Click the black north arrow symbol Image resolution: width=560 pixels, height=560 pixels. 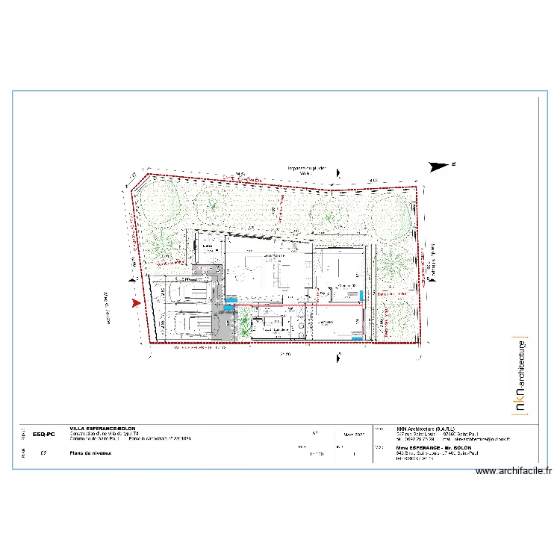coord(441,165)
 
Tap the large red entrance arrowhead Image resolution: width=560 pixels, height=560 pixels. coord(135,303)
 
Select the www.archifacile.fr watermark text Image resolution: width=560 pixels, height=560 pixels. coord(514,471)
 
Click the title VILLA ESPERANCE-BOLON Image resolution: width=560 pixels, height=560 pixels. coord(102,429)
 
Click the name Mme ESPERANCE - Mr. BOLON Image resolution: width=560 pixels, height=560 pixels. coord(424,447)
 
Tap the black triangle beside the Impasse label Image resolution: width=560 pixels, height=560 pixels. coord(340,173)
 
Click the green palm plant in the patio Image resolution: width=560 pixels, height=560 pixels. coord(244,324)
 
